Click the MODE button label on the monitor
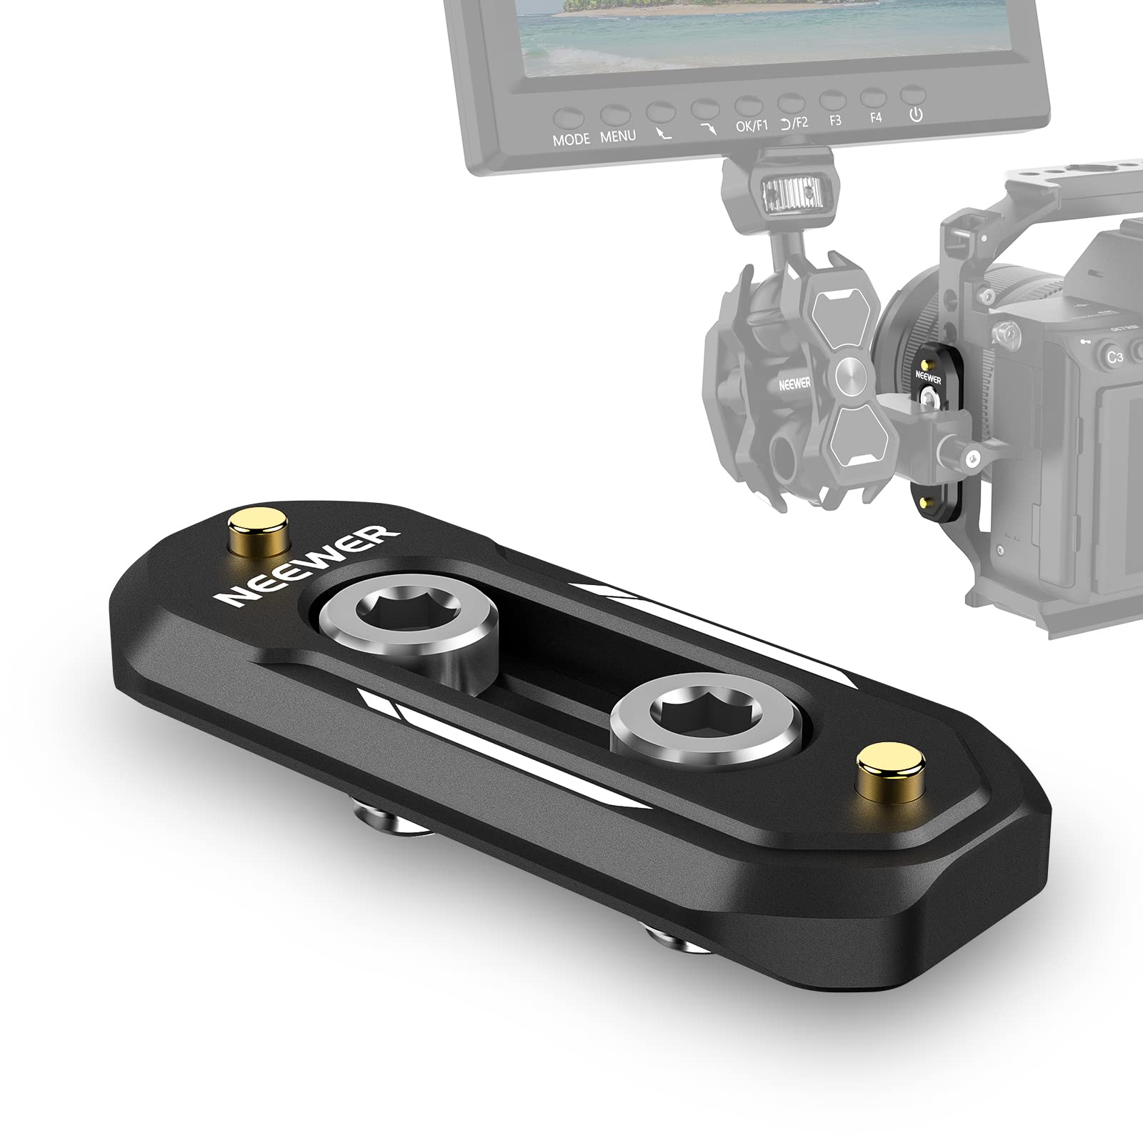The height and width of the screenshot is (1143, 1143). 571,139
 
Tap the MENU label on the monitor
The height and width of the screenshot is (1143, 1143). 618,136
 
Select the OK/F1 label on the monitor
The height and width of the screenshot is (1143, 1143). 752,126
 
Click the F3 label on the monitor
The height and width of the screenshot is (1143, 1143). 834,120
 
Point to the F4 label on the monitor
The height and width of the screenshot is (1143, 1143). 876,117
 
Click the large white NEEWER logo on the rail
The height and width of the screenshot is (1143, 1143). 308,566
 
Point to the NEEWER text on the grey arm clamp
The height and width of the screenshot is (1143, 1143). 795,384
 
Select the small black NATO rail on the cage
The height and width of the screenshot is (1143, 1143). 931,429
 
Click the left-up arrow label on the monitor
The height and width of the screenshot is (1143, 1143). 662,132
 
